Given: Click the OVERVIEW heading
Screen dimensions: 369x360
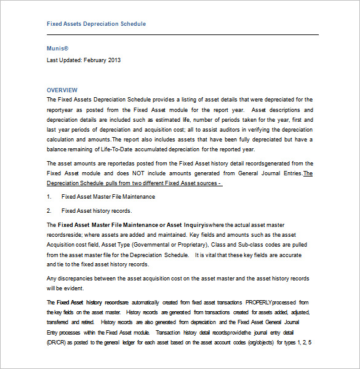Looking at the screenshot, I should pos(62,90).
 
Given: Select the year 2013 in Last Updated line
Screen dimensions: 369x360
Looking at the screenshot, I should pos(114,60).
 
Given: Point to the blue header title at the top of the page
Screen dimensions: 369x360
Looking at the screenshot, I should pos(96,24).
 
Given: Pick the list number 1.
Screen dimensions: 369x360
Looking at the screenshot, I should pos(49,197).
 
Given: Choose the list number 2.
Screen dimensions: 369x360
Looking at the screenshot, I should pos(49,211).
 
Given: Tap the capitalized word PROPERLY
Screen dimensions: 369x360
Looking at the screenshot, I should pos(262,303).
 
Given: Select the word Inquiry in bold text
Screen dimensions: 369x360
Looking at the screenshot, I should pos(193,225).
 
